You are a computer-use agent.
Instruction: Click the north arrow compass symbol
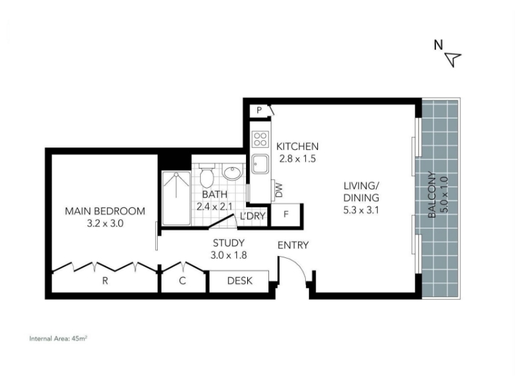click(453, 59)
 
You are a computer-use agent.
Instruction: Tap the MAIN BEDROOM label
click(105, 211)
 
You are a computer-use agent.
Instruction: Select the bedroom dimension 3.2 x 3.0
click(105, 223)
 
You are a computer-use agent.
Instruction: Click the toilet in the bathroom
click(207, 176)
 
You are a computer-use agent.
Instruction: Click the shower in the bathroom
click(176, 198)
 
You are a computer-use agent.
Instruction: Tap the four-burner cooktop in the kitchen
click(261, 139)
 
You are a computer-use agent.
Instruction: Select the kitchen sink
click(261, 165)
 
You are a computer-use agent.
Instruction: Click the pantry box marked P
click(259, 110)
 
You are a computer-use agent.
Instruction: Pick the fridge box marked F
click(286, 215)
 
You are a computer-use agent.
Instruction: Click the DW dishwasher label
click(279, 190)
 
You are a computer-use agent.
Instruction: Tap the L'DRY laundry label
click(252, 216)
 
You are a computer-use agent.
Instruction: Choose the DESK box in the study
click(239, 281)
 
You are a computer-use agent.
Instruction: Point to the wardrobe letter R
click(105, 281)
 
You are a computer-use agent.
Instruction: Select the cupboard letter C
click(183, 281)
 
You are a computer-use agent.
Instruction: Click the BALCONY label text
click(432, 195)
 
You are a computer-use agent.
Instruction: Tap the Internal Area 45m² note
click(58, 339)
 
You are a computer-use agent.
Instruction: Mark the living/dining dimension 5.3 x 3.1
click(361, 210)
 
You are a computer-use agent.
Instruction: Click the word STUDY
click(229, 243)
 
